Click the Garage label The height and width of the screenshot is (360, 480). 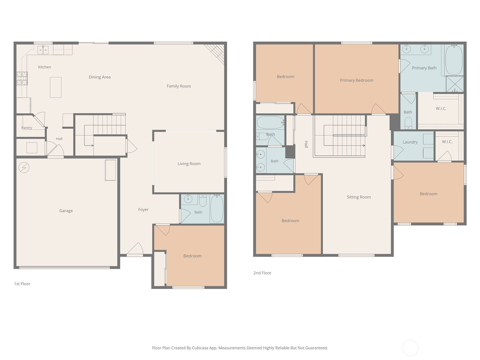66,211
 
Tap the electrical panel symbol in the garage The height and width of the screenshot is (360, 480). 24,168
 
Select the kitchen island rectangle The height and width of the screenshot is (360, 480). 55,87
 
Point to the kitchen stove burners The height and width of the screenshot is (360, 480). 22,78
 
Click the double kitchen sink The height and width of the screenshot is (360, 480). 43,50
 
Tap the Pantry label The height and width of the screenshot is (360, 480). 27,128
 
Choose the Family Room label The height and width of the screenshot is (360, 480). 179,86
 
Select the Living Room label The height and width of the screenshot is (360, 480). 189,164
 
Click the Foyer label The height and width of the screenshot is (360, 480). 143,210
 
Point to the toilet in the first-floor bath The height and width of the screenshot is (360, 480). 203,200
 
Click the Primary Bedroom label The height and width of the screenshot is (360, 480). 356,80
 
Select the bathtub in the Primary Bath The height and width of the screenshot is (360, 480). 454,60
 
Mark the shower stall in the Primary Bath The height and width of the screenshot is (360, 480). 454,84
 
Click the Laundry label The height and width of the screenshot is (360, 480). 410,142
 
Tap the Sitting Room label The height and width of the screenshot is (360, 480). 358,197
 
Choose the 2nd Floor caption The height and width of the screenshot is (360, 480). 262,273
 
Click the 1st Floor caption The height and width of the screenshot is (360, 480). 22,284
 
